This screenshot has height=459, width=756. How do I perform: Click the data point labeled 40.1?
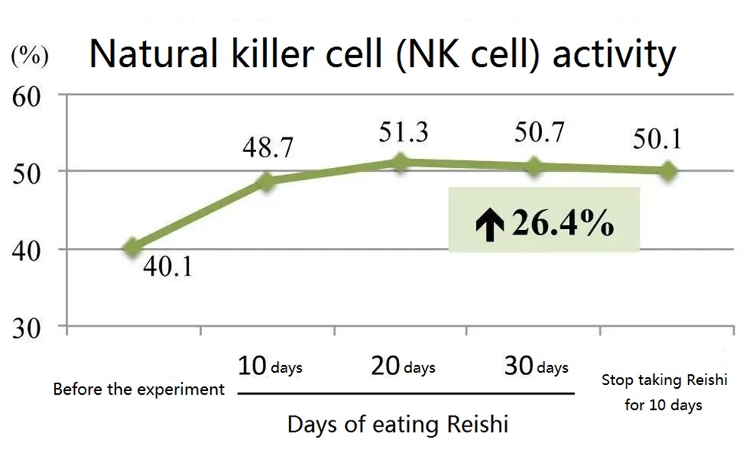tap(133, 247)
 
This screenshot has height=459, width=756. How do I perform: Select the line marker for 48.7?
tap(267, 181)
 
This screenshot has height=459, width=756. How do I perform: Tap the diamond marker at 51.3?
tap(401, 162)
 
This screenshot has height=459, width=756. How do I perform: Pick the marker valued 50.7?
tap(534, 166)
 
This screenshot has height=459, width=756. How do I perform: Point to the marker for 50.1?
tap(668, 171)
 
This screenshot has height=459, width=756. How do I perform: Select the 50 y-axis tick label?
tap(30, 172)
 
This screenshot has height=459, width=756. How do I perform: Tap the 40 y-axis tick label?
tap(30, 250)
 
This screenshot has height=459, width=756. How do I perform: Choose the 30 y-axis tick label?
tap(30, 327)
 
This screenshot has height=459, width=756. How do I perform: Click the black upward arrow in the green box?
tap(490, 225)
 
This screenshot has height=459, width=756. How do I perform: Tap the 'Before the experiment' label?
tap(139, 390)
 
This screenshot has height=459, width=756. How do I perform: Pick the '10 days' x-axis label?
tap(270, 368)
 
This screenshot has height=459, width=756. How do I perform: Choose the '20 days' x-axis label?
tap(403, 368)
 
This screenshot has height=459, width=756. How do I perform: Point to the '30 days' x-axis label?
tap(536, 368)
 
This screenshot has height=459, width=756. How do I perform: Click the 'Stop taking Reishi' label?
tap(665, 380)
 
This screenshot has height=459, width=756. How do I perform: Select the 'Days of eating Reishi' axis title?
tap(398, 424)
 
